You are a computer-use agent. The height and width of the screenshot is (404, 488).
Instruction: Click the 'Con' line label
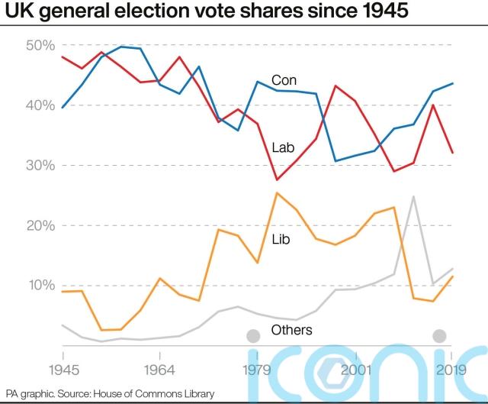point(284,80)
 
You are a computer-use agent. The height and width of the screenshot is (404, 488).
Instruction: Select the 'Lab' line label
point(284,147)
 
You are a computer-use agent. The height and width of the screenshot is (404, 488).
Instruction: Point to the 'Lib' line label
point(281,239)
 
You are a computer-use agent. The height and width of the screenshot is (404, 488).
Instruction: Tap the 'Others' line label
point(291,331)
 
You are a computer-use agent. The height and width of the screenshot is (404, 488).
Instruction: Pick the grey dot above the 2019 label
point(439,335)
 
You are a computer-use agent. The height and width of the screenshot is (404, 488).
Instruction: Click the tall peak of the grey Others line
point(413,196)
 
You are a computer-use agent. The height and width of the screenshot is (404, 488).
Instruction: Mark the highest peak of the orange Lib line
point(276,192)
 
